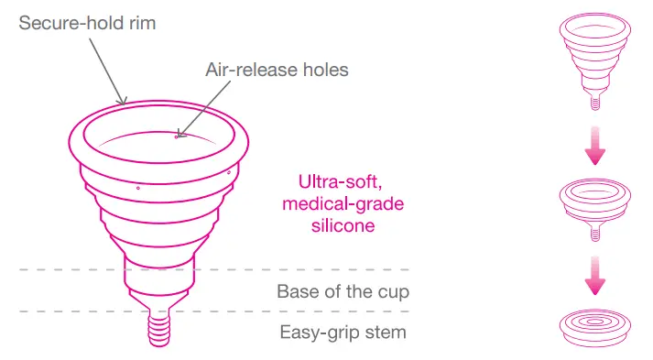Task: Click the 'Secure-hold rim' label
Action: [87, 22]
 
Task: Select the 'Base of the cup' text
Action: [343, 292]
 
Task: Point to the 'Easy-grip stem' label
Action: [343, 332]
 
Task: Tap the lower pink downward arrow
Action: [595, 277]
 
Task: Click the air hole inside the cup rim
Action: [177, 137]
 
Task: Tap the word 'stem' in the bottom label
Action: [386, 332]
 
